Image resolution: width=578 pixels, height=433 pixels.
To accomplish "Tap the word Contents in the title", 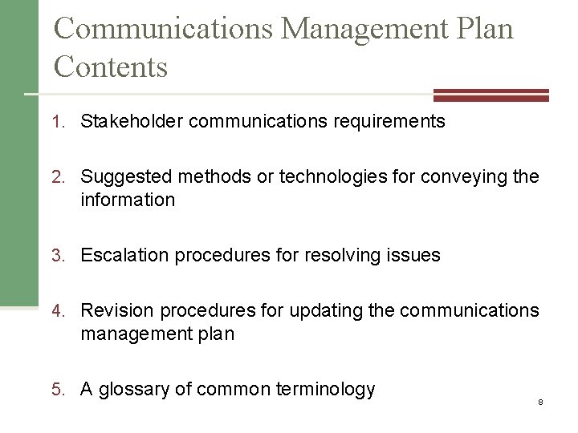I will pyautogui.click(x=111, y=66).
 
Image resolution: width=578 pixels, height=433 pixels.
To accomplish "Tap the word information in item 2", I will pyautogui.click(x=127, y=200).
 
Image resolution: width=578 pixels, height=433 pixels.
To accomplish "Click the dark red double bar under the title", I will pyautogui.click(x=490, y=95).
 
